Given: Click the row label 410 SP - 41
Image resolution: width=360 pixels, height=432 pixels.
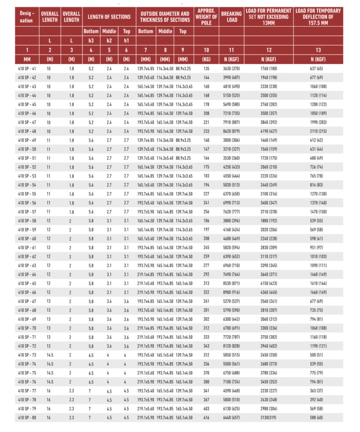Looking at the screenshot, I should (x=27, y=68).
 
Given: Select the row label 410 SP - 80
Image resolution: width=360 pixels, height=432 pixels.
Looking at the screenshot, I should (x=27, y=418).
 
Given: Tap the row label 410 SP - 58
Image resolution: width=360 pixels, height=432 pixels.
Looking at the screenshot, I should (x=27, y=221).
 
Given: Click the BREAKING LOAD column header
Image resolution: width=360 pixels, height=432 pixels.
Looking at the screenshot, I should (x=231, y=16).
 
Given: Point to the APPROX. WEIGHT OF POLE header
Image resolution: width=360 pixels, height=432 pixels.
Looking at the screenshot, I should (x=207, y=16).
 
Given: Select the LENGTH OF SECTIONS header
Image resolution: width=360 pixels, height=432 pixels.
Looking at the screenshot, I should (x=109, y=17).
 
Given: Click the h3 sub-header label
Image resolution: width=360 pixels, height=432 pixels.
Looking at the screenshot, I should (x=91, y=40).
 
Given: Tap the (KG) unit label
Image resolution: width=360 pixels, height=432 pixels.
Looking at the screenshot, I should (x=207, y=59).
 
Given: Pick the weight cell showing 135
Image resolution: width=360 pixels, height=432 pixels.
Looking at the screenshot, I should (x=207, y=68).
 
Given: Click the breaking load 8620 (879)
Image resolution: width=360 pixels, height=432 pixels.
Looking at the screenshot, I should (x=231, y=131).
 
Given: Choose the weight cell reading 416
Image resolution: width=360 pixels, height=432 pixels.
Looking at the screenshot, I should (x=207, y=418).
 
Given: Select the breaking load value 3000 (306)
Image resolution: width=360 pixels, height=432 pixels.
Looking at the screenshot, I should (x=231, y=140).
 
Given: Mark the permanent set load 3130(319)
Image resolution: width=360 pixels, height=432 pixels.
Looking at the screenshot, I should (x=268, y=418).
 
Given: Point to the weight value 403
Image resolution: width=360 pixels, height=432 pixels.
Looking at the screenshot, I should (x=207, y=409).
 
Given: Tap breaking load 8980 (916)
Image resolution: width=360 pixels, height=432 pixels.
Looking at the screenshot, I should (x=231, y=292).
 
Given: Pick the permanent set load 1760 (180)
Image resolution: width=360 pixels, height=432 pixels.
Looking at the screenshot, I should (x=268, y=68).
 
